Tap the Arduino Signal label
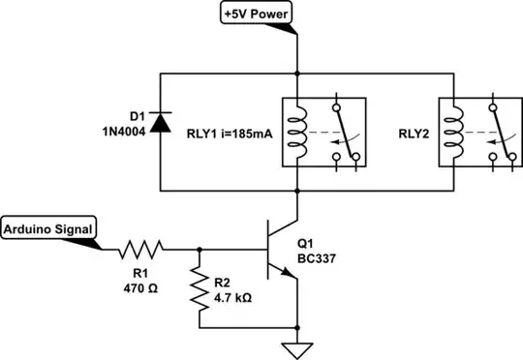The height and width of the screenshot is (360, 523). (48, 229)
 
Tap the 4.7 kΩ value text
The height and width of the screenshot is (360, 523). (231, 297)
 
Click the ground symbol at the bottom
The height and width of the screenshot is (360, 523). (296, 347)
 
